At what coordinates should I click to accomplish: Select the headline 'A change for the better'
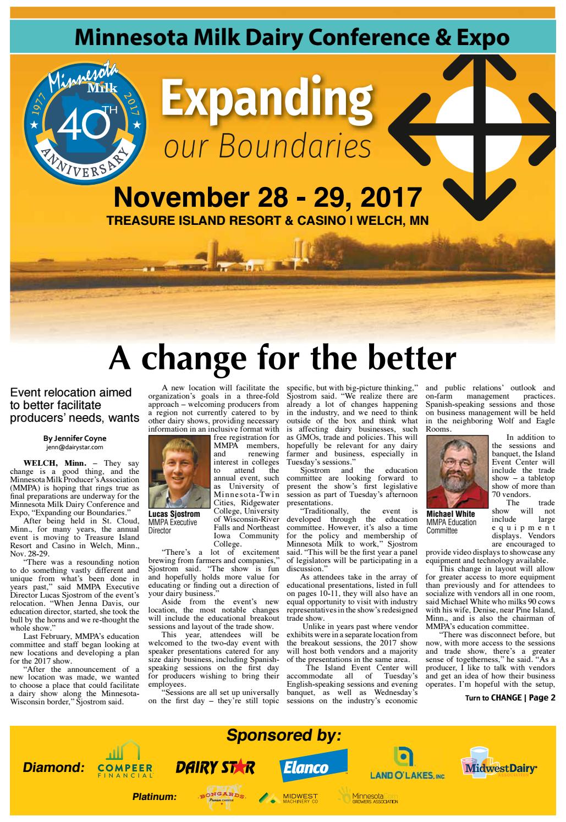click(282, 358)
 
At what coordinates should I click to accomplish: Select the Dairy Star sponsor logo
click(215, 768)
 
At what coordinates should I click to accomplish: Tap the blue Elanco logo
click(313, 766)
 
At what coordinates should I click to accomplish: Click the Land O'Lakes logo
click(407, 764)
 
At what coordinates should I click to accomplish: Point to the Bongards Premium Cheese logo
click(222, 797)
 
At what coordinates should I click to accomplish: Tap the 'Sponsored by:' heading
click(283, 735)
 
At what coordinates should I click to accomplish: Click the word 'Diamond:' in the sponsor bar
click(54, 767)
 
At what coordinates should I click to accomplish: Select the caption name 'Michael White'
click(450, 514)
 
